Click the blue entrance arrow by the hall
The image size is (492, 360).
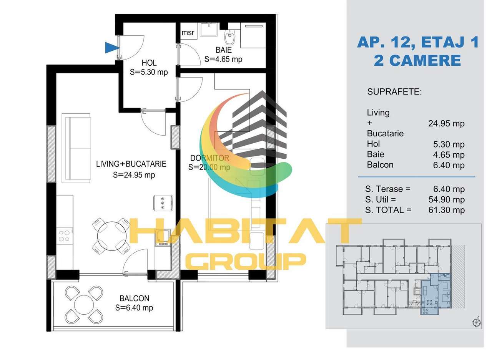click(112, 48)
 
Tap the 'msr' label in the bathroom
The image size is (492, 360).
click(188, 33)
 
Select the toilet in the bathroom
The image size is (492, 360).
click(229, 38)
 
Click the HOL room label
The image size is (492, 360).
click(149, 63)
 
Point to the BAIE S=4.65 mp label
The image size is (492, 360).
click(223, 55)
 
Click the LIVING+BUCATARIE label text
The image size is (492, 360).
click(131, 164)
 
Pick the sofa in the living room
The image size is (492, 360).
click(76, 148)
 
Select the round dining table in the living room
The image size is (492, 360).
click(111, 236)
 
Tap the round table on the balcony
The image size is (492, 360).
click(84, 305)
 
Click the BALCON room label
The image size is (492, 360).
click(134, 299)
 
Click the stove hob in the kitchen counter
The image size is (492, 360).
click(64, 236)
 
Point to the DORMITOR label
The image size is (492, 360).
click(209, 158)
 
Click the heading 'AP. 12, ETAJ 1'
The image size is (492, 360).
click(418, 42)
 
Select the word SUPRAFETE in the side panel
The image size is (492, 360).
click(394, 92)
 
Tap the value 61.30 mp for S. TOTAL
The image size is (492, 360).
click(446, 210)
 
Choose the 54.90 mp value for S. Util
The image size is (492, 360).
click(446, 199)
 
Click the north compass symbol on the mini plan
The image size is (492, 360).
click(476, 322)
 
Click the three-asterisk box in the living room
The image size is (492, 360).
click(162, 202)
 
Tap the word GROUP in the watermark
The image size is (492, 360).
click(246, 261)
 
